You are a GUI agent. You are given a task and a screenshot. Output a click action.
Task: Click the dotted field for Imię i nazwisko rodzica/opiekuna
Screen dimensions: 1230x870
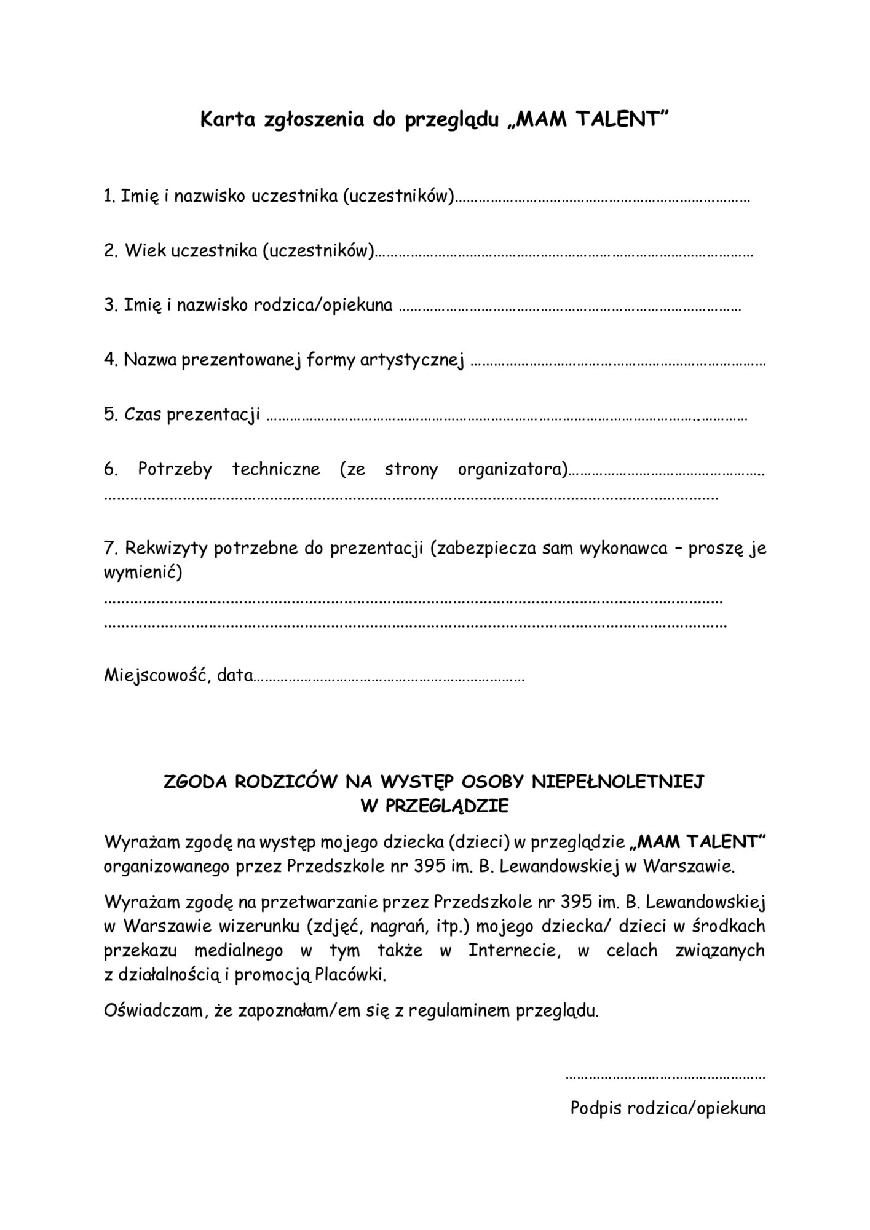[569, 307]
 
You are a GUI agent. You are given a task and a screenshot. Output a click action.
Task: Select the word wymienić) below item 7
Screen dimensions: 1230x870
[143, 573]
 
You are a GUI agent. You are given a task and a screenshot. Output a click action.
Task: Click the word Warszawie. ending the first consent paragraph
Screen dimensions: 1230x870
[689, 867]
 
